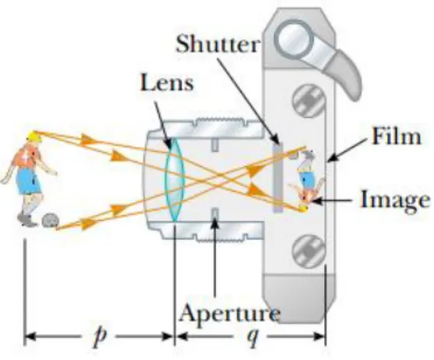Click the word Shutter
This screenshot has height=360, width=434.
[218, 44]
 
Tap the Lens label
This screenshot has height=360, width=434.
[167, 83]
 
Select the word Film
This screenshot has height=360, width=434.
[397, 136]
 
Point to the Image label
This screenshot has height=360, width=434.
[395, 199]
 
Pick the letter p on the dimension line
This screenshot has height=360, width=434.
[100, 337]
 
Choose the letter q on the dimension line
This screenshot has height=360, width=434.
[252, 337]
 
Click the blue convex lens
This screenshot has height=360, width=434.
[175, 179]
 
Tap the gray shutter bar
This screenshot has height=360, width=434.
[278, 178]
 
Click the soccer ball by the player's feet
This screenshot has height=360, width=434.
[51, 221]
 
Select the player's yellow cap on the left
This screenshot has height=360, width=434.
[34, 136]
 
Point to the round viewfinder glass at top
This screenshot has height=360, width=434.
[295, 39]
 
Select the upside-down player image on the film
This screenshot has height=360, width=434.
[307, 180]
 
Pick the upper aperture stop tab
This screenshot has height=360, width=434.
[215, 145]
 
